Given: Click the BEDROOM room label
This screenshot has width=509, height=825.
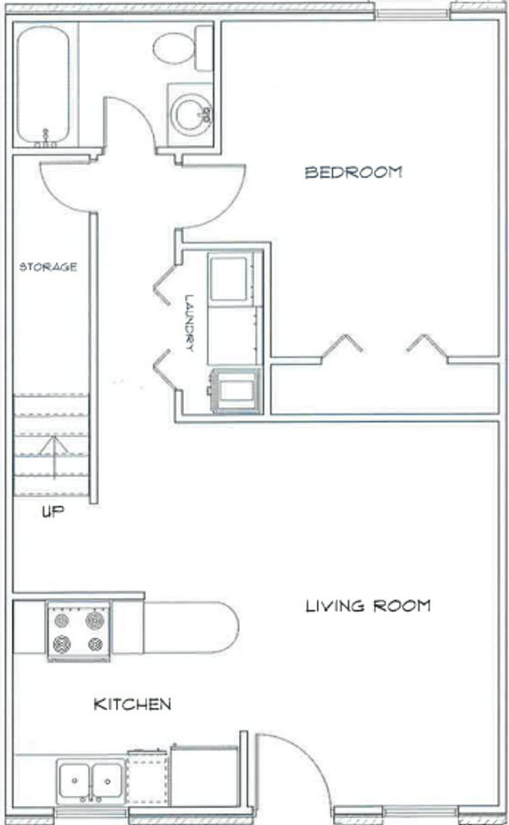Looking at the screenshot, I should point(353,172).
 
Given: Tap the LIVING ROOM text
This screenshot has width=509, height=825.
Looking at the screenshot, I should point(368,606).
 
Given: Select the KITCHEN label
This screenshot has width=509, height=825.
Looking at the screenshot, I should point(132,705).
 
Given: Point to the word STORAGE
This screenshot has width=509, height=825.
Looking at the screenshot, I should point(48,266).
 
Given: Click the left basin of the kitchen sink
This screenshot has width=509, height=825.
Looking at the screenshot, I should point(75,780).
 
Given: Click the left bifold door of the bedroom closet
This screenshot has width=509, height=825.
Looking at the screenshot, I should point(341,345).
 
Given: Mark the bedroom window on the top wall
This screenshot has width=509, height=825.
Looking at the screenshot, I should point(413,13).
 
